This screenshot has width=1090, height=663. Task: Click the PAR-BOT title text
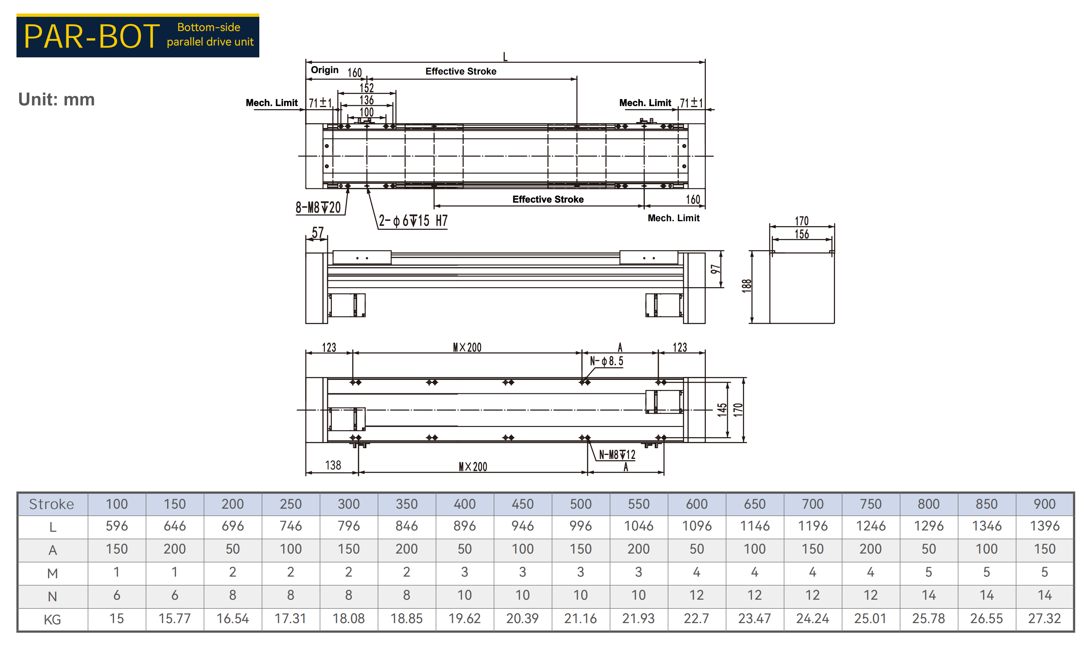[x=91, y=36]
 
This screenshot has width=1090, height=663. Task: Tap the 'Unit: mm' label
[x=56, y=100]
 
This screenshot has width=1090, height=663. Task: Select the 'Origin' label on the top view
[x=324, y=70]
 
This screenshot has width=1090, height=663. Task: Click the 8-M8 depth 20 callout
[x=318, y=207]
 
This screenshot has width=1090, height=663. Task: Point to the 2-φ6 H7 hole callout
[x=413, y=221]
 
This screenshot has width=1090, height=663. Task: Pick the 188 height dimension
[x=746, y=286]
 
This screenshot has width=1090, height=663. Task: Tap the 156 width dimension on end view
[x=802, y=234]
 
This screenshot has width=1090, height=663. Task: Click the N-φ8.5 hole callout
[x=607, y=361]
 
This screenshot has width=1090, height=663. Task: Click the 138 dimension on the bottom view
[x=333, y=465]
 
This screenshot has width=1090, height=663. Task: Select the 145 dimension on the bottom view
[x=722, y=410]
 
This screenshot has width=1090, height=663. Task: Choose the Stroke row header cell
[x=52, y=504]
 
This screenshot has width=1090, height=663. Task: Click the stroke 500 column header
[x=580, y=504]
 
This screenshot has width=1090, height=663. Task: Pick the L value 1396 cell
[x=1045, y=526]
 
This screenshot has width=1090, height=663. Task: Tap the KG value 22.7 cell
[x=696, y=618]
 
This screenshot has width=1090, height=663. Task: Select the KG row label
[x=52, y=619]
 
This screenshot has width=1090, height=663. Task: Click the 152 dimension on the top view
[x=366, y=88]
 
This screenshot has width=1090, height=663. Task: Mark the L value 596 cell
[x=117, y=526]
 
